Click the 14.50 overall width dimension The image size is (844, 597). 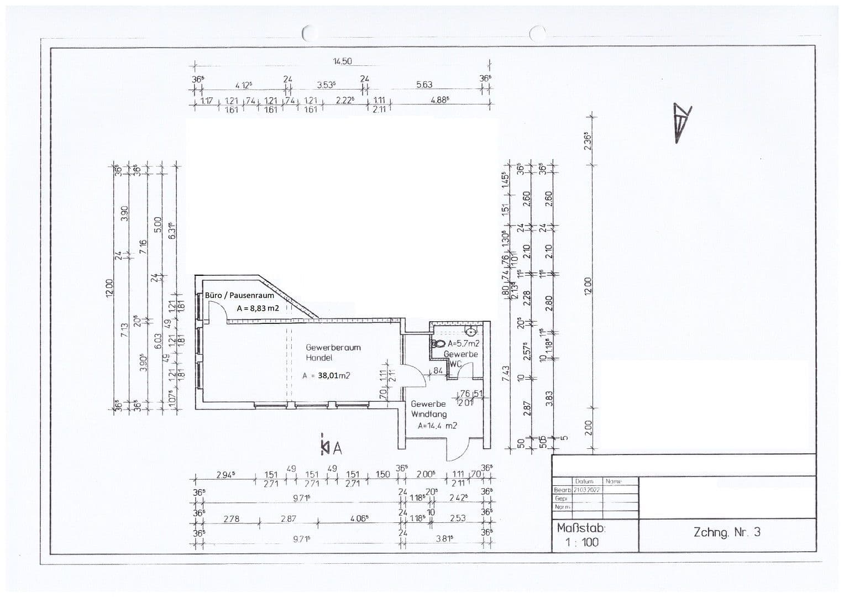coord(342,61)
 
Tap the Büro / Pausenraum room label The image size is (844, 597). coord(239,295)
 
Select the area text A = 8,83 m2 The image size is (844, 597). coord(258,308)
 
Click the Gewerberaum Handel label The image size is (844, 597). coord(333,353)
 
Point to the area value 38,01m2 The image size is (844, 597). coord(334,376)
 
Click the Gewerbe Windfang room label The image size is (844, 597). coord(428,409)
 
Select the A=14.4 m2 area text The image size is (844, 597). coord(437,426)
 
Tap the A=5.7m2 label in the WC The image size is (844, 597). coord(463,343)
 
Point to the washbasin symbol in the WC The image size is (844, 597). coord(471,332)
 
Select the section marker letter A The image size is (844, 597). coord(337,448)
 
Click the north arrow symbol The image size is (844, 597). coord(682,123)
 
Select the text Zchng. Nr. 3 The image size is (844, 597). coord(727,532)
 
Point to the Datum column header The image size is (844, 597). coord(584,481)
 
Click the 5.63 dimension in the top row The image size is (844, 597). coord(424,85)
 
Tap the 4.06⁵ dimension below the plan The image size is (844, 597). coord(359,519)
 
